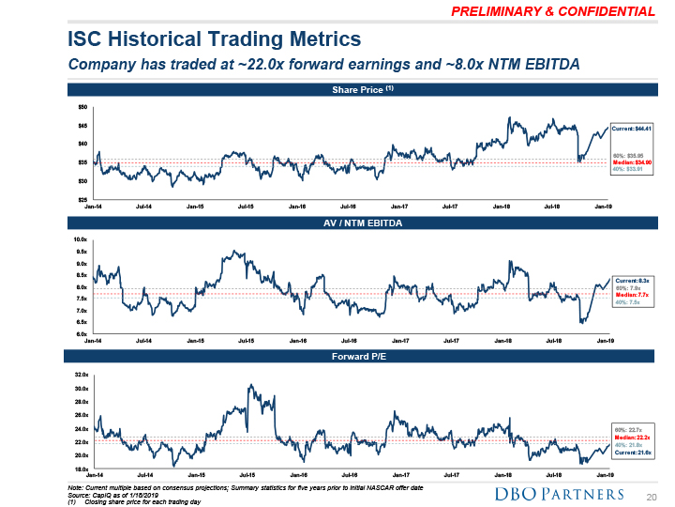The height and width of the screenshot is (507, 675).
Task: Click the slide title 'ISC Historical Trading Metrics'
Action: click(215, 39)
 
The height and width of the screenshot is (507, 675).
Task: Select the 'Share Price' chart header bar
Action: click(356, 90)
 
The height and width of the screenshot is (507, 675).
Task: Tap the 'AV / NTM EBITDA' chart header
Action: click(355, 224)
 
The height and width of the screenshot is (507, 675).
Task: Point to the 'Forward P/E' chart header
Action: click(355, 357)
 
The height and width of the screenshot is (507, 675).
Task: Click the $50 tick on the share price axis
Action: click(83, 107)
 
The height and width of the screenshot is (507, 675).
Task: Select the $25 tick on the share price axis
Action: click(83, 198)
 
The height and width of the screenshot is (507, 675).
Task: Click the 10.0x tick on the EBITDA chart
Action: click(82, 241)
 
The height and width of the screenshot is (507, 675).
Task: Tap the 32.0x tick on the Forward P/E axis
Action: click(82, 375)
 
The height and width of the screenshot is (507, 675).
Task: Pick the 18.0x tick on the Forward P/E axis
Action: click(82, 468)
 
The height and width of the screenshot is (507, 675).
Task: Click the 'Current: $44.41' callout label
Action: click(631, 128)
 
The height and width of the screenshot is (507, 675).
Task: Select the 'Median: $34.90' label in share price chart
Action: click(631, 162)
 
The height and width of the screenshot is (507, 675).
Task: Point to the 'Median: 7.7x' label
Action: click(631, 296)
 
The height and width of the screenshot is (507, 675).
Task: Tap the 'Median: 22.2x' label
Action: click(631, 437)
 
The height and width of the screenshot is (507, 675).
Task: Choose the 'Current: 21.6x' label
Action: click(631, 453)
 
